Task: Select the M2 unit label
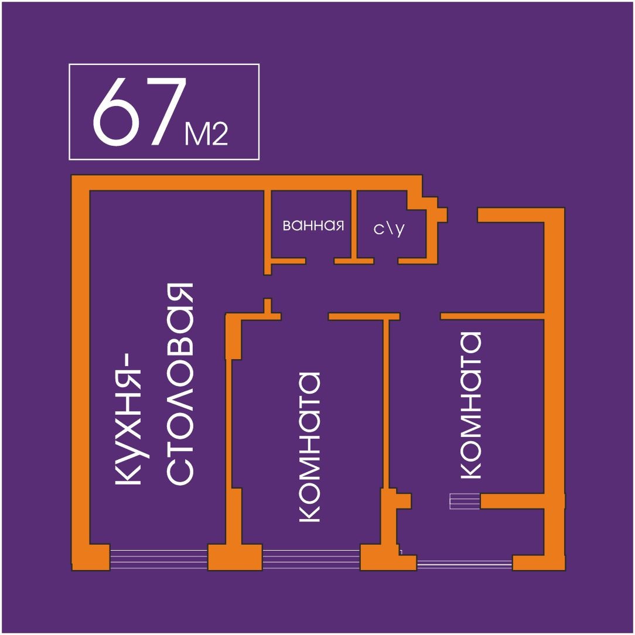tap(206, 135)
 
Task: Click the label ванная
tap(313, 226)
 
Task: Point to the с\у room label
tap(389, 228)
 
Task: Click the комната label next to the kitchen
tap(309, 446)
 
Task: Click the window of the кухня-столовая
tap(159, 557)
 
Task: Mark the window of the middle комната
tap(310, 557)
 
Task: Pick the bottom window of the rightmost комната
tap(465, 564)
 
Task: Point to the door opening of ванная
tap(320, 261)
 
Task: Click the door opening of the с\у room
tap(385, 261)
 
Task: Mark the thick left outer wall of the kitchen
tap(80, 369)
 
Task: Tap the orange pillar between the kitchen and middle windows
tap(235, 557)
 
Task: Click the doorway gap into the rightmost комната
tap(420, 316)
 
